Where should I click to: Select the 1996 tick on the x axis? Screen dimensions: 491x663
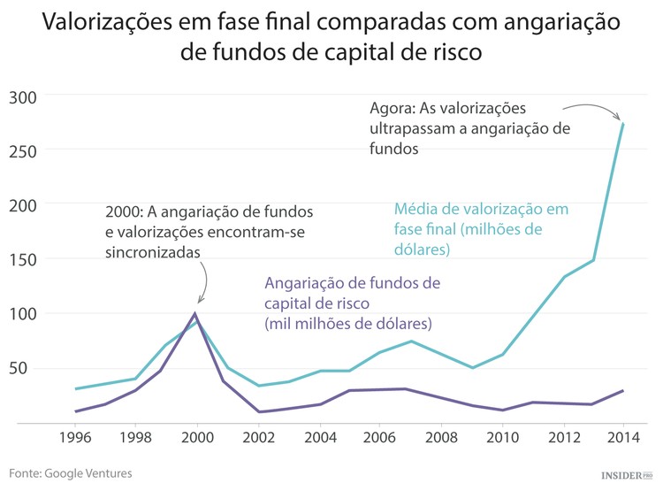point(75,436)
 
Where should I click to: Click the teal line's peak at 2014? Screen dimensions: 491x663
point(623,124)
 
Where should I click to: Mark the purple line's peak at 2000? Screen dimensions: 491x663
point(195,313)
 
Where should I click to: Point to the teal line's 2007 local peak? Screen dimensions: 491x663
point(411,341)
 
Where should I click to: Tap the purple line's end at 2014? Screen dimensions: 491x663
point(623,390)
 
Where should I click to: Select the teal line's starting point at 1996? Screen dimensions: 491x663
point(75,388)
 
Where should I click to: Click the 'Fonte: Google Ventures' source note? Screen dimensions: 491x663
point(71,473)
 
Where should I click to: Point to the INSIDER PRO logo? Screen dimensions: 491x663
point(627,475)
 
